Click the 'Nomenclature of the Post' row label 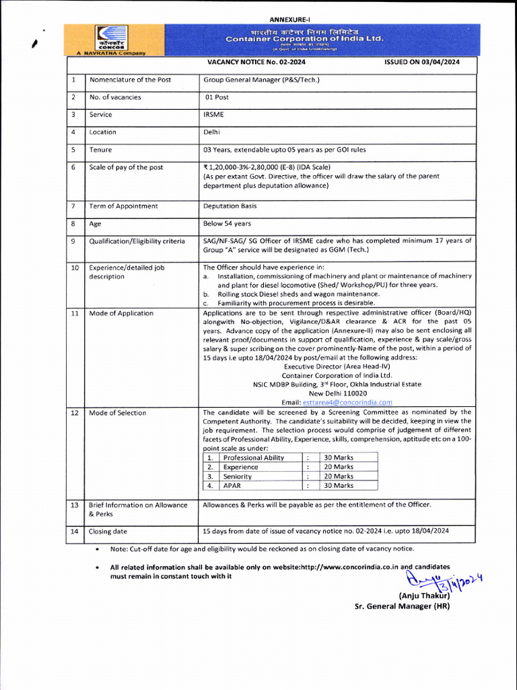[130, 80]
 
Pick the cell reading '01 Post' [217, 97]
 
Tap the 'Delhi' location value [211, 132]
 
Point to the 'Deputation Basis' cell [230, 206]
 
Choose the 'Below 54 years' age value [227, 224]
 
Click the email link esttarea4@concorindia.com [347, 402]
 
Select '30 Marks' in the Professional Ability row [339, 458]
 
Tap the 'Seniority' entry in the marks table [237, 476]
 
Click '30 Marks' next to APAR [339, 485]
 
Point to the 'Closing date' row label [108, 531]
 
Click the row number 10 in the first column [75, 268]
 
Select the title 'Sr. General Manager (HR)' [402, 606]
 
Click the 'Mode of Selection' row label [117, 412]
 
